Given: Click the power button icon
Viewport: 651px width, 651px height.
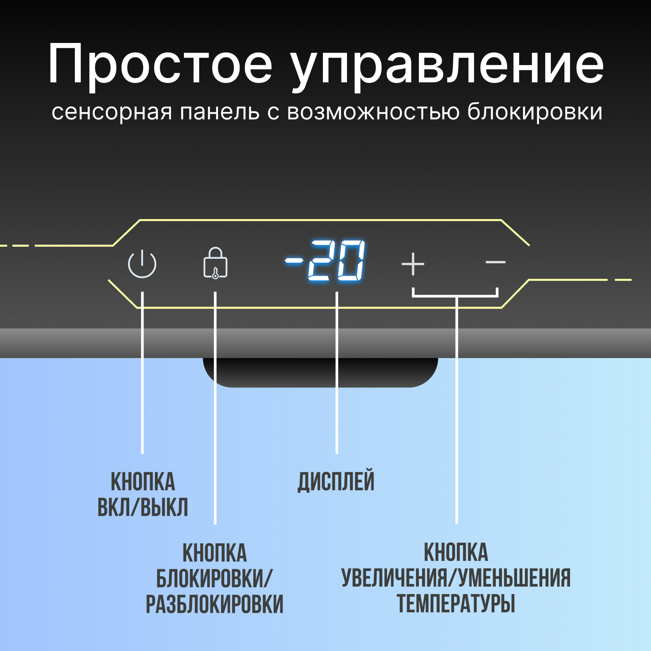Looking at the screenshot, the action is [142, 264].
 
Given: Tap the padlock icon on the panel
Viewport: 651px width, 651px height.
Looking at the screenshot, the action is [215, 263].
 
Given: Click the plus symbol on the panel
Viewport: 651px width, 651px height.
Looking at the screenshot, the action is [413, 264].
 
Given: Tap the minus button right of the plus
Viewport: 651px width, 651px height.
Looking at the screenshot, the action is [495, 262].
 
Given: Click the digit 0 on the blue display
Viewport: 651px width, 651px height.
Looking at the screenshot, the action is [351, 260].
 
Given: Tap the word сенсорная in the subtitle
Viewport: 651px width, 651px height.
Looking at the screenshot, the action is [112, 112].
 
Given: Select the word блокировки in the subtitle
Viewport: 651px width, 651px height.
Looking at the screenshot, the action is [535, 112].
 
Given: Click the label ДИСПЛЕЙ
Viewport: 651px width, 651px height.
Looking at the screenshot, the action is [336, 481].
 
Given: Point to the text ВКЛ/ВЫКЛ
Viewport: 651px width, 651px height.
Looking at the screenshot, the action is [143, 507].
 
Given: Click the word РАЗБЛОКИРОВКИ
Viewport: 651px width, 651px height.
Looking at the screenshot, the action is [214, 604].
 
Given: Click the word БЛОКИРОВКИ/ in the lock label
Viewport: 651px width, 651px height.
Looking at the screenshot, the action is [214, 578].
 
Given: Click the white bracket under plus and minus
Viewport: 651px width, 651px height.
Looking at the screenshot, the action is [455, 296].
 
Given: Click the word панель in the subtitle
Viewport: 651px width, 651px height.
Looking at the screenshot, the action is [219, 112].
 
